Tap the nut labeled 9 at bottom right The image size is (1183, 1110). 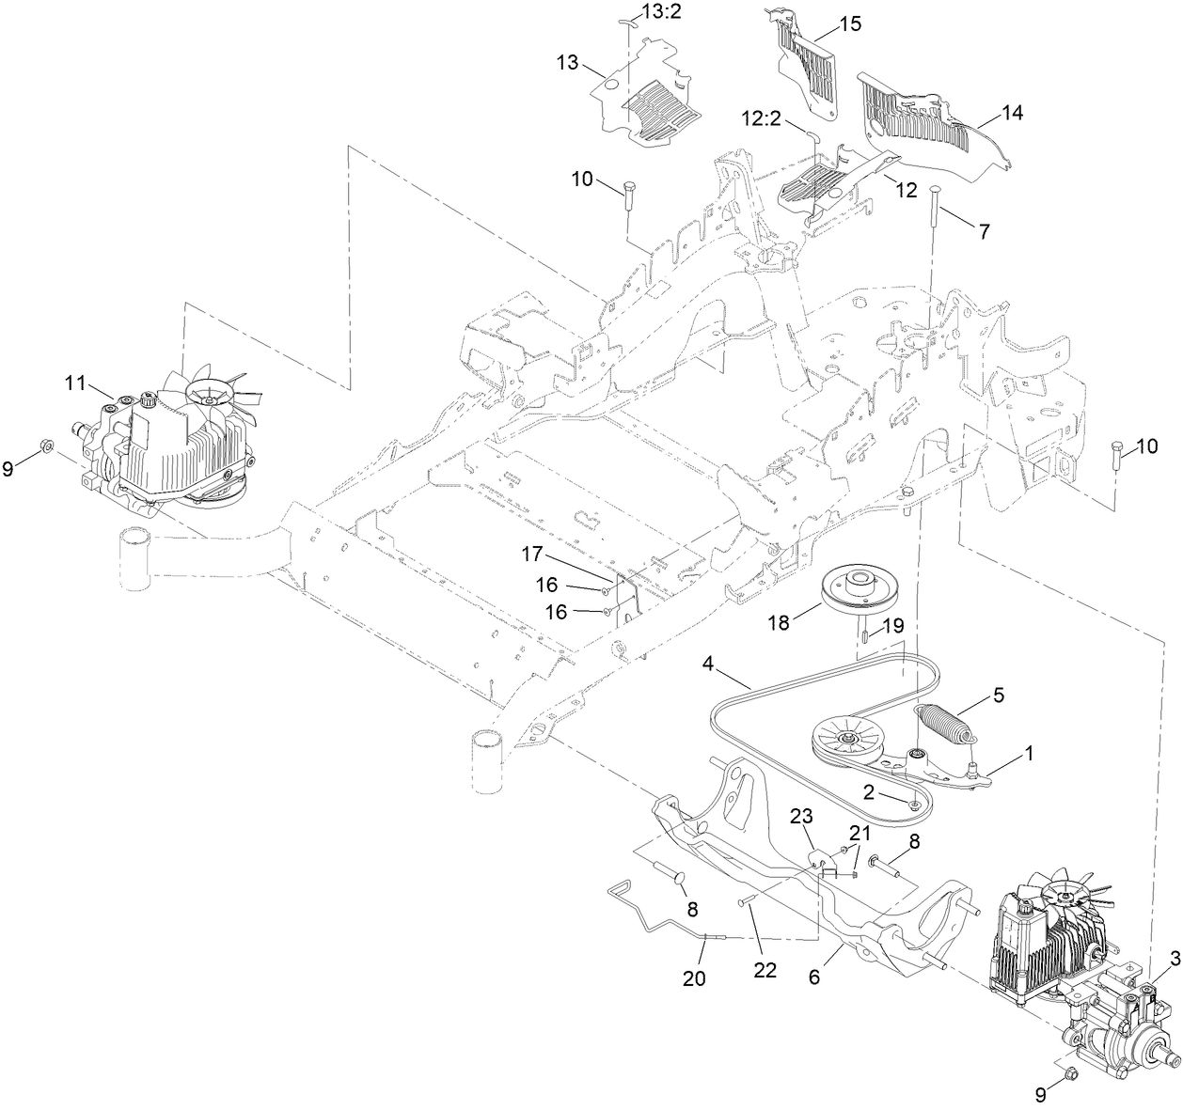(x=1068, y=1073)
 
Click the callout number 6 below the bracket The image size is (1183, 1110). (x=814, y=977)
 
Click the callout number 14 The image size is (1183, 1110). (x=1012, y=113)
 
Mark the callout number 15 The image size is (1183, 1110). (x=849, y=23)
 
